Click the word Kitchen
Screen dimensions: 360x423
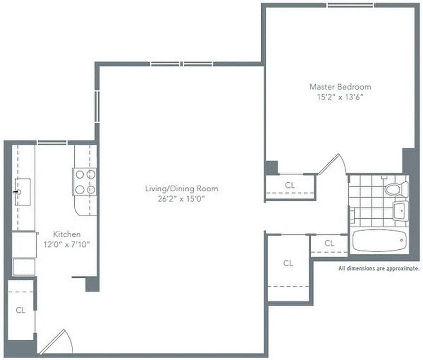(x=67, y=234)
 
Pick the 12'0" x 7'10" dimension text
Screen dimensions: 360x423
(x=67, y=244)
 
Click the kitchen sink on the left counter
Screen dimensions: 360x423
(x=22, y=192)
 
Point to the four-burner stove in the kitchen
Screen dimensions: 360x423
(x=85, y=182)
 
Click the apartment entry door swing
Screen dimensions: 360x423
(x=58, y=342)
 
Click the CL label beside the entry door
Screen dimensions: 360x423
(x=21, y=310)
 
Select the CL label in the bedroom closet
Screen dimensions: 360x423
(x=290, y=184)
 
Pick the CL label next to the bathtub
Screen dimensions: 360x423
(x=329, y=243)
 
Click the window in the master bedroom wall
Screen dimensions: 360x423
(x=350, y=5)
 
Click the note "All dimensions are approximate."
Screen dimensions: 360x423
(x=379, y=269)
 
